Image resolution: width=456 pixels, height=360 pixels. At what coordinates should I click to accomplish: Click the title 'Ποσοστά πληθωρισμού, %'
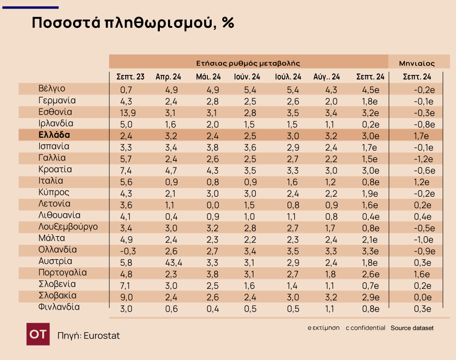pos(133,23)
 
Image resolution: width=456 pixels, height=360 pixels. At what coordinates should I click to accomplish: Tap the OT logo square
pos(38,335)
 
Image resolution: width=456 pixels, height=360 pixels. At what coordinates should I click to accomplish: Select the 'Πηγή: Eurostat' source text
pos(89,336)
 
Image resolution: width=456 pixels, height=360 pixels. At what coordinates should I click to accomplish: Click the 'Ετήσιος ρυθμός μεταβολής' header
pos(248,63)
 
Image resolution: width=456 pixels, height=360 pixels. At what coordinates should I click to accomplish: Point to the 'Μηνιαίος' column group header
pos(417,63)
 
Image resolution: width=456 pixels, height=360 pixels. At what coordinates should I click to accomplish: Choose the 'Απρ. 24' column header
pos(168,77)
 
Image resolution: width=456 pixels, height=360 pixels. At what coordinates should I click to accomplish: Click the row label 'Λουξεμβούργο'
pos(68,227)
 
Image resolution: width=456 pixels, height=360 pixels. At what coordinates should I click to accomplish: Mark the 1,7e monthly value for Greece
pos(421,135)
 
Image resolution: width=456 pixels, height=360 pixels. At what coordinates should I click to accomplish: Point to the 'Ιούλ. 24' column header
pos(288,77)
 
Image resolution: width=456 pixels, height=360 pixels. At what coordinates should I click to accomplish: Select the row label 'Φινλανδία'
pos(59,307)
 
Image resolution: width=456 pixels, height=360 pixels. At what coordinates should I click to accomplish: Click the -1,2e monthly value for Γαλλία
pos(423,158)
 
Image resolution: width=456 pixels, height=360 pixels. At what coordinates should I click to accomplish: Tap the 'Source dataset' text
pos(412,328)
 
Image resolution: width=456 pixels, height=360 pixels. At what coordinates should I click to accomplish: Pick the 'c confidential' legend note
pos(365,328)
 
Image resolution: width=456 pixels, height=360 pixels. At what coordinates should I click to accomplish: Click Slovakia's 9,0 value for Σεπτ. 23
pos(126,296)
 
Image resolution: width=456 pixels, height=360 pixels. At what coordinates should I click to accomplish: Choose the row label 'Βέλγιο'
pos(52,88)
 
